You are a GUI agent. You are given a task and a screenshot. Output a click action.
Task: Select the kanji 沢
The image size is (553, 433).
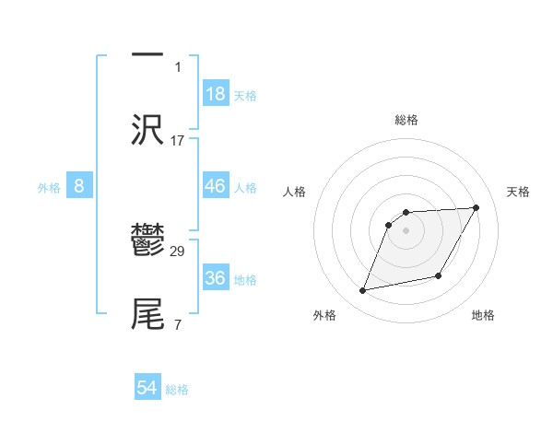click(147, 129)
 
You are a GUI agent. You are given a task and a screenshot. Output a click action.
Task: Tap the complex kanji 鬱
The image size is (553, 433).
click(147, 242)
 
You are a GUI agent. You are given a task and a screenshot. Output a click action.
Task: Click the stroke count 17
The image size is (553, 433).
click(178, 141)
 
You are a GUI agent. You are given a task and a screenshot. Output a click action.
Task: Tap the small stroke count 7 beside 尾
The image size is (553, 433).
click(178, 324)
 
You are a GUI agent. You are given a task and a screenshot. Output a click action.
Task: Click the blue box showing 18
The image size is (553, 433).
click(216, 94)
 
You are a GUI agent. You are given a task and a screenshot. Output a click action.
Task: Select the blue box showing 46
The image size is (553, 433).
click(216, 186)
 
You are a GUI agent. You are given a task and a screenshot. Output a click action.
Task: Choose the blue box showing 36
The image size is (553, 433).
click(216, 278)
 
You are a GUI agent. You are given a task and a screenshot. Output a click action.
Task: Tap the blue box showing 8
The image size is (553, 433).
click(79, 186)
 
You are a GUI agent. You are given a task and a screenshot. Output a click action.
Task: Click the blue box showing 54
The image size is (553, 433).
click(147, 389)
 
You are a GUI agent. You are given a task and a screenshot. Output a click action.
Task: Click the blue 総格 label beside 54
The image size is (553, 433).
click(177, 390)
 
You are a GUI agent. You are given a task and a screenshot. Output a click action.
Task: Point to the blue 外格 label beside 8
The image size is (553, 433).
click(49, 188)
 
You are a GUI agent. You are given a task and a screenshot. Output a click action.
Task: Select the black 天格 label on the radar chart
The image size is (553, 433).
click(519, 192)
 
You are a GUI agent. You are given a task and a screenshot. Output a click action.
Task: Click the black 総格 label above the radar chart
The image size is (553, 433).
click(406, 120)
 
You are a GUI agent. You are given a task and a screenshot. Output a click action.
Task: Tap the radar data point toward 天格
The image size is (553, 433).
click(477, 207)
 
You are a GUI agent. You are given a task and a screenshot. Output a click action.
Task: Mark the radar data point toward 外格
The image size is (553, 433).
click(363, 291)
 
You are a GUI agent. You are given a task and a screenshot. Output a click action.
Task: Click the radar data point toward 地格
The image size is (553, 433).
click(439, 276)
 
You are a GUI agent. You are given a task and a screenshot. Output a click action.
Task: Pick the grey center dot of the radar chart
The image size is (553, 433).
click(406, 230)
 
